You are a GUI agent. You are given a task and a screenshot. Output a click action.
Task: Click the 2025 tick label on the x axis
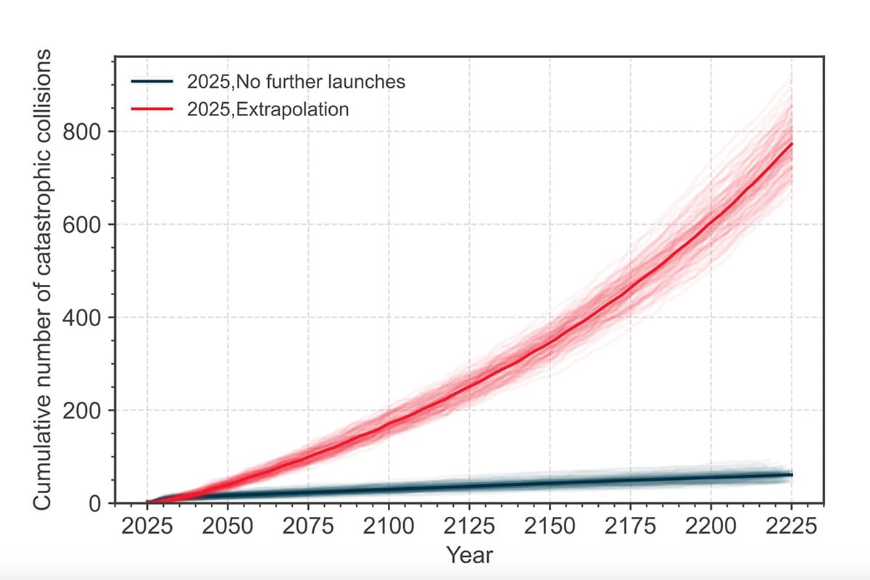(146, 526)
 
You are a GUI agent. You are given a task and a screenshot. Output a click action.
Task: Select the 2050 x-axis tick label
(228, 526)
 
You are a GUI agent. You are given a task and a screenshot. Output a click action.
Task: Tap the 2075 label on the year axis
(308, 526)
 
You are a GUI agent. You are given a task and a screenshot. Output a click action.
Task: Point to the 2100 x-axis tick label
(389, 526)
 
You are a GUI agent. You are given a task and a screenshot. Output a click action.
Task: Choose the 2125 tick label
(469, 526)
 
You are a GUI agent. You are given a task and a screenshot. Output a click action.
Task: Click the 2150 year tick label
(550, 526)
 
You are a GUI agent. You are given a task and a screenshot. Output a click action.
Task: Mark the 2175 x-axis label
(630, 526)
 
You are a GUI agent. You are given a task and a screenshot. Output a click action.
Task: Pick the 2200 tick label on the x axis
(710, 526)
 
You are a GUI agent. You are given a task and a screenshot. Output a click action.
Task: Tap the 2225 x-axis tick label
(792, 526)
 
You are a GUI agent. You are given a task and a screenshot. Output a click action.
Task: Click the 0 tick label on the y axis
(95, 505)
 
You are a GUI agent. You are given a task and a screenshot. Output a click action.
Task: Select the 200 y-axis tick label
(82, 411)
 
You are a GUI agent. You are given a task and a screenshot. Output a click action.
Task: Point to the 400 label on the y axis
(82, 318)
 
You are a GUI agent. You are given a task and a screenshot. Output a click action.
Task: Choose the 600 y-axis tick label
(82, 225)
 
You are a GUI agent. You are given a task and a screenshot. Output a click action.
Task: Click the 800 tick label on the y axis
(82, 133)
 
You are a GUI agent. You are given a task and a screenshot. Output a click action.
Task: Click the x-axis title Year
(469, 555)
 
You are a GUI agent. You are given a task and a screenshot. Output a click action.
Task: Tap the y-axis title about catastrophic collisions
(42, 280)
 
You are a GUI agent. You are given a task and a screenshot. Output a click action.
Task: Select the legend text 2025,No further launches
(296, 82)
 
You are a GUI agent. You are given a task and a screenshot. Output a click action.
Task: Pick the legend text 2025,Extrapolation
(268, 109)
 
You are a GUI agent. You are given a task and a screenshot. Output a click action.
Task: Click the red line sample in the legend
(152, 109)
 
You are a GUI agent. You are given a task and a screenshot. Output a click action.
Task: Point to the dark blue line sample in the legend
(152, 81)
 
